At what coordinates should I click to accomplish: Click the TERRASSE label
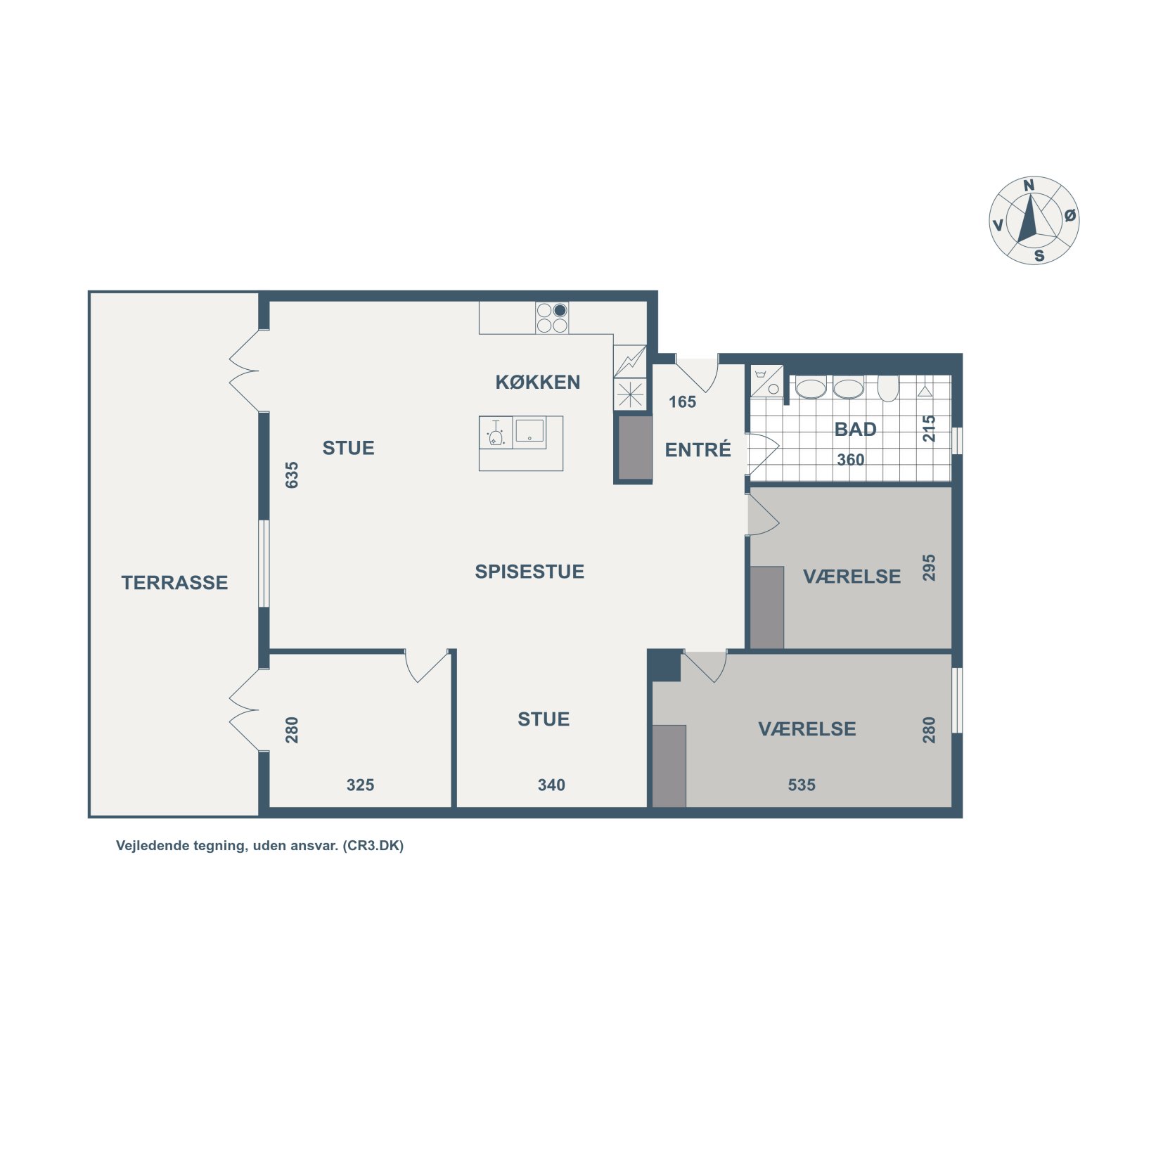174,582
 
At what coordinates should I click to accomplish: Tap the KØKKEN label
538,382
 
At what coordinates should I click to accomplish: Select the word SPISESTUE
529,571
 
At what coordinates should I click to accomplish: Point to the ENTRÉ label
698,449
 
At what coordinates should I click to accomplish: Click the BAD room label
855,429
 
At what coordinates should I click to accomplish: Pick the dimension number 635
292,475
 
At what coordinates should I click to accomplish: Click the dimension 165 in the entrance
682,401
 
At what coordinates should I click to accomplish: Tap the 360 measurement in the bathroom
850,459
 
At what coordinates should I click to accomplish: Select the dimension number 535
802,785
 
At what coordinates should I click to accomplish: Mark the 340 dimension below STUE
551,785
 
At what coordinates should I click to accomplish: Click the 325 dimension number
360,785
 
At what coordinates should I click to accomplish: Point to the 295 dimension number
929,567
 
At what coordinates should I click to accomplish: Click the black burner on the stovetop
560,310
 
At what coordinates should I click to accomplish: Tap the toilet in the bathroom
888,388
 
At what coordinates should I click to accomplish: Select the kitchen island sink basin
529,431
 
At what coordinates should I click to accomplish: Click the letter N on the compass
1029,186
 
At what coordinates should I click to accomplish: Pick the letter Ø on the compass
1069,215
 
